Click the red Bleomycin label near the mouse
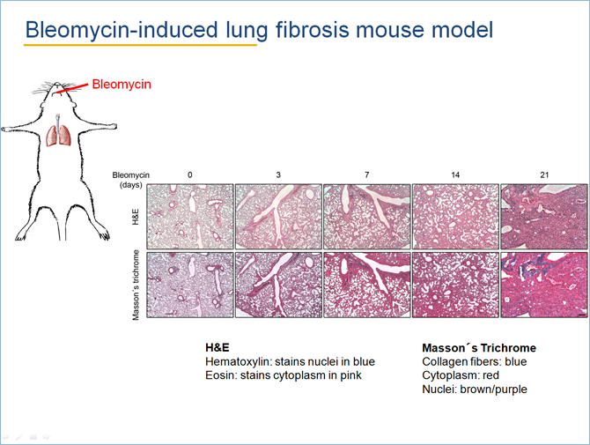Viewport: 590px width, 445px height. point(122,84)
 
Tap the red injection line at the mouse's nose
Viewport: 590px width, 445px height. point(72,87)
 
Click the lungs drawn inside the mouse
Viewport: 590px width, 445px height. point(59,135)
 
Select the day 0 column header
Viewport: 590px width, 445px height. point(190,174)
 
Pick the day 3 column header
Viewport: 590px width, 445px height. point(278,174)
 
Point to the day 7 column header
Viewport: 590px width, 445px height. point(367,174)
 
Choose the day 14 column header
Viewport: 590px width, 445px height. point(455,174)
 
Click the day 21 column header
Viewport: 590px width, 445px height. point(544,174)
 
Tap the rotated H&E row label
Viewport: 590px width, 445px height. point(136,217)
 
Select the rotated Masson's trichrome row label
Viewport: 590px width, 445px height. point(136,285)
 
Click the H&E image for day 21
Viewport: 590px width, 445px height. point(544,217)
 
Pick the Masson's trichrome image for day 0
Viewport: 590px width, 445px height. point(190,285)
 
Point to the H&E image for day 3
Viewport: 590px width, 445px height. point(278,217)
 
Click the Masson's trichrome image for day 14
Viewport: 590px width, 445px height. point(455,285)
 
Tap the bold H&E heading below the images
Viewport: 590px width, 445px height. point(218,347)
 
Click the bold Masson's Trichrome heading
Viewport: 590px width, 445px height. point(479,347)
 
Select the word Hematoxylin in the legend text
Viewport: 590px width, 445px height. point(238,362)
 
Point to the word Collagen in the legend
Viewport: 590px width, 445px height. point(442,362)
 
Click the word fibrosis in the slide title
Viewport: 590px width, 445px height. point(313,29)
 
